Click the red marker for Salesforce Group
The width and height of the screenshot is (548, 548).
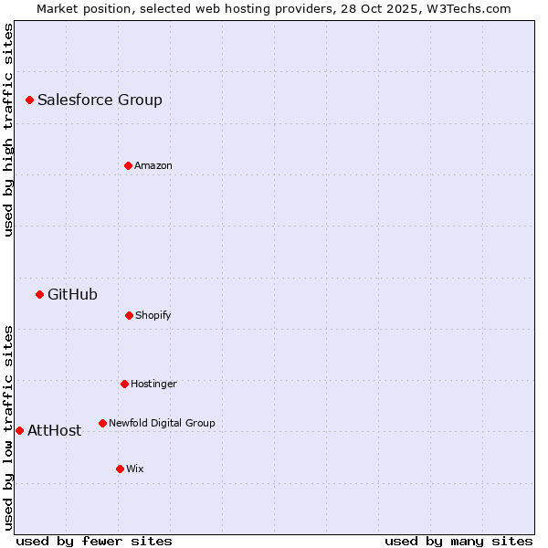[29, 100]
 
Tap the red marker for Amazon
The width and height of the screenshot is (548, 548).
[128, 165]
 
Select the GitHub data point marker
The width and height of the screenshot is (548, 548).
[39, 294]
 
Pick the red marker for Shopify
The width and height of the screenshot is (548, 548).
[129, 315]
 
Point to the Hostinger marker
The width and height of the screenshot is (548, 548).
[124, 384]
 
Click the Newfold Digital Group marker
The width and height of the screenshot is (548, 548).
[102, 423]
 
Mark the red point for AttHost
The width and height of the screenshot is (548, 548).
[19, 430]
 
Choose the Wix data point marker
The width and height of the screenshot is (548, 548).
[120, 469]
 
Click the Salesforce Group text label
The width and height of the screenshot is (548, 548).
[100, 100]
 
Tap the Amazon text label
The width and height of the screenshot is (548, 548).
[153, 165]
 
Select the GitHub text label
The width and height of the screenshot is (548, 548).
[72, 294]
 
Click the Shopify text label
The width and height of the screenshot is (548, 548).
[153, 315]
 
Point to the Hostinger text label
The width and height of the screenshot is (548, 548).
[153, 384]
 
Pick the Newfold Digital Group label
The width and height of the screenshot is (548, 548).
[162, 423]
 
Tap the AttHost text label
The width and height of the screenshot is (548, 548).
[54, 430]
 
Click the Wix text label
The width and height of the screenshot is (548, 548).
[135, 469]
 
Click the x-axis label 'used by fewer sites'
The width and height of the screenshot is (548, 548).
[94, 541]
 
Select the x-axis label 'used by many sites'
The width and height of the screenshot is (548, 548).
[458, 541]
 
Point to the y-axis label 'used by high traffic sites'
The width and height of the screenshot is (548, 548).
[8, 130]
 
